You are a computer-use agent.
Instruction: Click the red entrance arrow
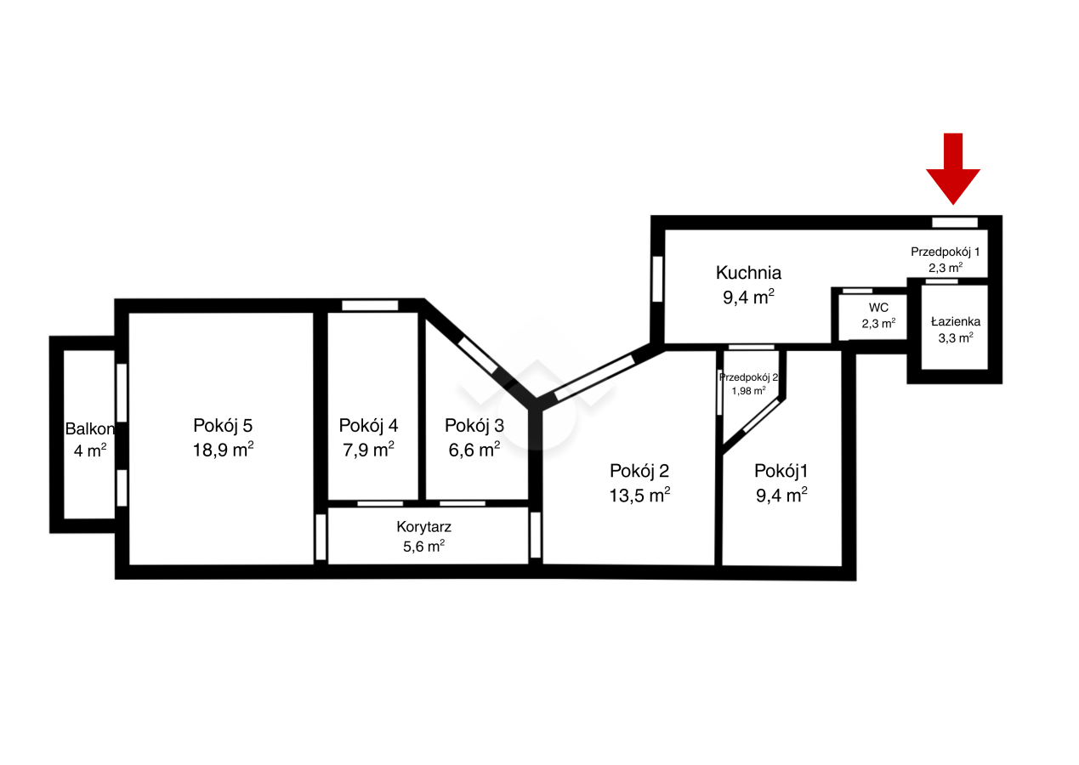(x=953, y=168)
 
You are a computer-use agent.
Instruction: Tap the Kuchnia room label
(x=748, y=273)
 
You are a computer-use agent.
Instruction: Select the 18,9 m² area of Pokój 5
(x=223, y=449)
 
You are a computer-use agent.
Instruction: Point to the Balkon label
(x=89, y=428)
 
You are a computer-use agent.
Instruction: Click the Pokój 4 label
(x=368, y=425)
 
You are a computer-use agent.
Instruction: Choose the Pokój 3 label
(x=474, y=425)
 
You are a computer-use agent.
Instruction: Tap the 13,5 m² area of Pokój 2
(x=639, y=495)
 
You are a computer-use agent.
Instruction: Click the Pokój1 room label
(x=781, y=470)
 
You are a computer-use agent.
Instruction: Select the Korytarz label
(x=424, y=527)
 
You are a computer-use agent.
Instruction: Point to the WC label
(x=878, y=307)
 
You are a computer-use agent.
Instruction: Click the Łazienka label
(x=956, y=321)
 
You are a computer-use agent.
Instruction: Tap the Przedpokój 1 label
(x=946, y=252)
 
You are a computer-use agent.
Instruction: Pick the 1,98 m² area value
(x=748, y=390)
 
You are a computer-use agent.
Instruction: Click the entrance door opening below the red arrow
(x=955, y=222)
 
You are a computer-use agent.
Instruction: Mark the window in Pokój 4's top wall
(x=370, y=305)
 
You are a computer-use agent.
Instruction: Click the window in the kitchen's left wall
(x=657, y=279)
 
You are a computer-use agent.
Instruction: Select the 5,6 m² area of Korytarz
(x=424, y=546)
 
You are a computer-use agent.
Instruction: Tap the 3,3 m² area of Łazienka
(x=956, y=337)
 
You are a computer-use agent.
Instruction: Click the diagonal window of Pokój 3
(x=477, y=355)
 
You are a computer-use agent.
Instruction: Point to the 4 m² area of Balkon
(x=90, y=450)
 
